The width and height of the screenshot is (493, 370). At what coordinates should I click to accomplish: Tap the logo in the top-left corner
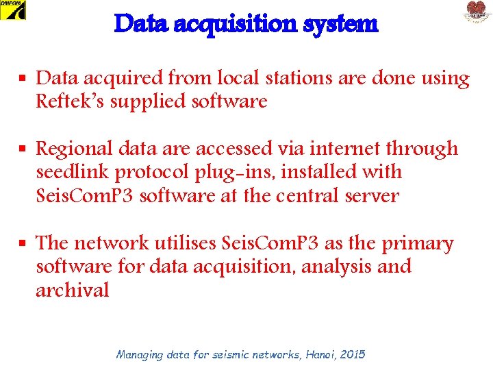point(13,10)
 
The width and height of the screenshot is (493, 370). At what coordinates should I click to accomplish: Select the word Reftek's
point(67,101)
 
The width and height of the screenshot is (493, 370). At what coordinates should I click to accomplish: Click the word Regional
point(73,148)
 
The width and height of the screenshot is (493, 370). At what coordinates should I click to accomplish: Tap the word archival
point(73,290)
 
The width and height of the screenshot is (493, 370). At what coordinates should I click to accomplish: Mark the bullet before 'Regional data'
point(23,148)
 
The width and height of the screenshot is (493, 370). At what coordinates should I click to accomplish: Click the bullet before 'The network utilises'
point(23,243)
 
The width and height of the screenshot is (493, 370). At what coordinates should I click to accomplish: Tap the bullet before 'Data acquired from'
point(23,79)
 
